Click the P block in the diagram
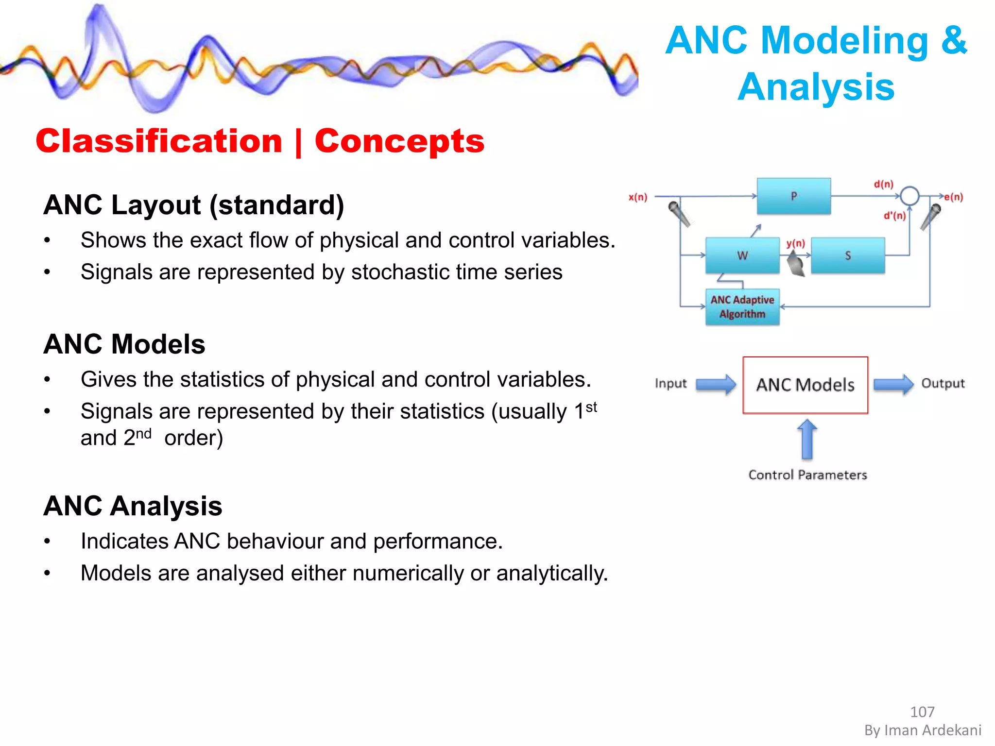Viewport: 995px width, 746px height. pos(793,196)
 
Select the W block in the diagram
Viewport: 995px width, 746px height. pos(742,255)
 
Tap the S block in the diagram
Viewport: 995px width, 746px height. pos(848,255)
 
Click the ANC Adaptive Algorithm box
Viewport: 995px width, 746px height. pos(742,307)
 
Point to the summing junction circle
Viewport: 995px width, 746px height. pos(909,196)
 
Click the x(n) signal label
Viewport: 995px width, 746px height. pos(638,197)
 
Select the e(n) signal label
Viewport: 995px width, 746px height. pos(953,197)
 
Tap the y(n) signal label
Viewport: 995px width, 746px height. pos(796,243)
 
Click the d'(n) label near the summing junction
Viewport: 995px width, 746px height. pos(894,216)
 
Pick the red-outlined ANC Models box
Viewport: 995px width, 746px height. pos(805,385)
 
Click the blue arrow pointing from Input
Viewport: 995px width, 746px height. pos(716,385)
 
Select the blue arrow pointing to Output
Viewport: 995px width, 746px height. pos(893,385)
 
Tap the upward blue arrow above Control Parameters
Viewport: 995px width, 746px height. pos(807,439)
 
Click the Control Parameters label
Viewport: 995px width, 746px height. pos(807,475)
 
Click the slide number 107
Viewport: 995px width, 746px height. pos(922,712)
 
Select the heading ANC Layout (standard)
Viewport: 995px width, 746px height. pos(194,205)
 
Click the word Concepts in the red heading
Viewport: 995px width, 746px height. pos(399,141)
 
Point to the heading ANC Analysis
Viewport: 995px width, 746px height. pos(133,506)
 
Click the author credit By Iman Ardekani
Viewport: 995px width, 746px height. pos(922,730)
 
